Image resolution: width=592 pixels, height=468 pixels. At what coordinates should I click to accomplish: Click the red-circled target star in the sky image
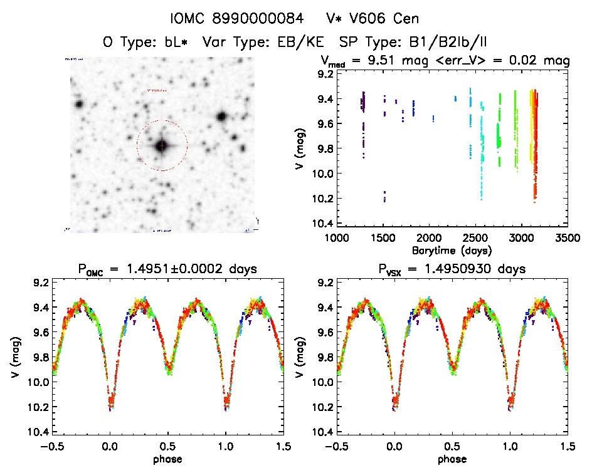[x=162, y=145]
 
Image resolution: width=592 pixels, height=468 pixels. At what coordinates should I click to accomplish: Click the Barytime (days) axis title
[x=452, y=251]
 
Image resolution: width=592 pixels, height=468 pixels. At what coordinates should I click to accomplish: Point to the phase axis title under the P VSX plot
[x=452, y=459]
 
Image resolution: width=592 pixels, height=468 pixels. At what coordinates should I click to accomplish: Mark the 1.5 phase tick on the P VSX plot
[x=567, y=446]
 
